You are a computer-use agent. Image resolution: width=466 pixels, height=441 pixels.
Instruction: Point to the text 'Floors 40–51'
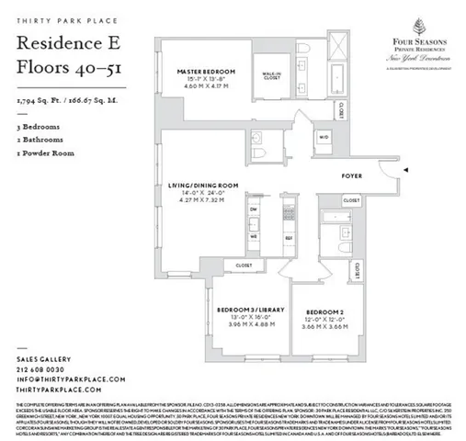[x=61, y=67]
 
